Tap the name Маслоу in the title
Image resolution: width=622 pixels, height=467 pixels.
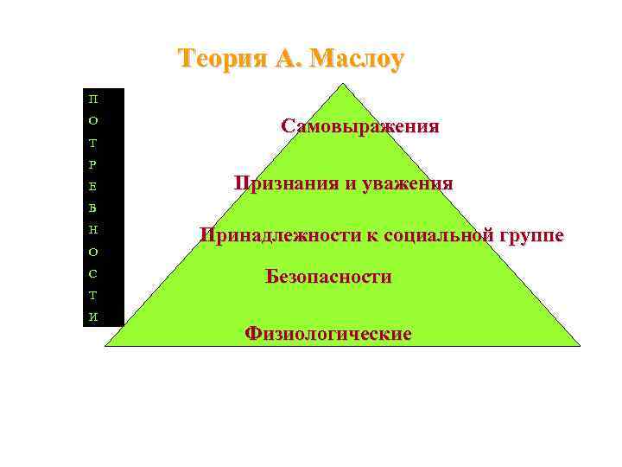pyautogui.click(x=356, y=59)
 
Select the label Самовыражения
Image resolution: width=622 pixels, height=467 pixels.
pyautogui.click(x=359, y=126)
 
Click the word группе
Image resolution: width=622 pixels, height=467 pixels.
pyautogui.click(x=529, y=234)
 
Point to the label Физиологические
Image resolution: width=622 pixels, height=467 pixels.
pyautogui.click(x=328, y=333)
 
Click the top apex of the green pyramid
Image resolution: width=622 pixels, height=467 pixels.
pyautogui.click(x=343, y=84)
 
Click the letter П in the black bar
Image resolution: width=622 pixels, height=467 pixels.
pyautogui.click(x=93, y=98)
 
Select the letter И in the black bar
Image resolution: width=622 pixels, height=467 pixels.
pyautogui.click(x=93, y=317)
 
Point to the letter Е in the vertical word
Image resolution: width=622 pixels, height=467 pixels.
pyautogui.click(x=93, y=186)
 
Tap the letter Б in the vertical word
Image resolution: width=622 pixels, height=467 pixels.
pyautogui.click(x=93, y=208)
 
